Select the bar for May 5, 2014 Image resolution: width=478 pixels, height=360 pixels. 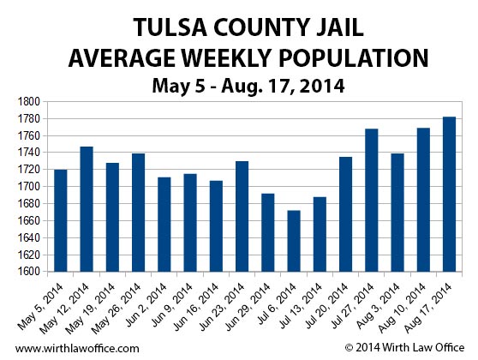pyautogui.click(x=61, y=220)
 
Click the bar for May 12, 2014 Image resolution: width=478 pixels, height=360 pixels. pyautogui.click(x=87, y=209)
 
